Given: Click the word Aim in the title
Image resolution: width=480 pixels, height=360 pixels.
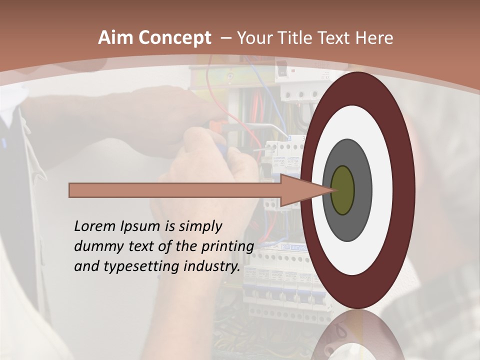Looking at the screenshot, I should pos(116,38).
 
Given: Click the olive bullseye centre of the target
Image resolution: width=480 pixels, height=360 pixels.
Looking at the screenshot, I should pos(342,190).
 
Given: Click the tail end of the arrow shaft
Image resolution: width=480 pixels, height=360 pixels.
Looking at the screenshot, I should pos(72,190).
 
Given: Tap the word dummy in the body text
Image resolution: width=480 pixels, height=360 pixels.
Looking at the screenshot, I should pos(95,246).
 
